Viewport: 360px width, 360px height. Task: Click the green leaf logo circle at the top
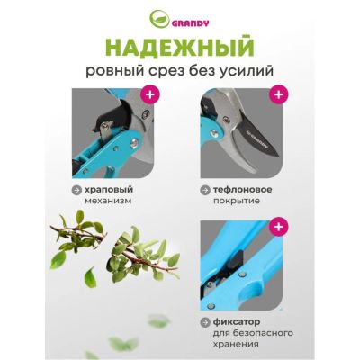(159, 19)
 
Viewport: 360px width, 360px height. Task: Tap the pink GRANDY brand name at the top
(190, 23)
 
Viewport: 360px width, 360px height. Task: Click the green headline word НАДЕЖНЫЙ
(181, 48)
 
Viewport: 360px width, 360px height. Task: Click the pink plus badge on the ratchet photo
(149, 94)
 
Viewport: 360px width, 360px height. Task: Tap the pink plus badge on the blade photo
(278, 94)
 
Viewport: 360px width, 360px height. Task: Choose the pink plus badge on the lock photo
(278, 227)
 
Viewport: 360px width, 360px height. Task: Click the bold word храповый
(109, 190)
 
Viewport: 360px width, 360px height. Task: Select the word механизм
(108, 201)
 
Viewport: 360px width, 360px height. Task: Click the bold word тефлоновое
(243, 190)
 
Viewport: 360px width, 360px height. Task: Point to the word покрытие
(237, 201)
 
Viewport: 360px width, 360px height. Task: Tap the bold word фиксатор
(237, 322)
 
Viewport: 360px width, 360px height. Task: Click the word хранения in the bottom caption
(236, 344)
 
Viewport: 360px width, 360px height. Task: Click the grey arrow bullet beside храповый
(76, 190)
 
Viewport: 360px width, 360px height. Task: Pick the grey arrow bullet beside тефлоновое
(205, 190)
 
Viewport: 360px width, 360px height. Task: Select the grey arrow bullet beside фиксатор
(205, 322)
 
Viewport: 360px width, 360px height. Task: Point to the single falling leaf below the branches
(91, 278)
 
